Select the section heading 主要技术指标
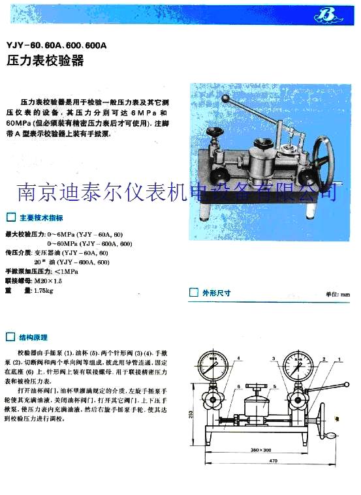tap(41, 217)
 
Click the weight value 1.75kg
tap(43, 290)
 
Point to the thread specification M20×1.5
tap(48, 280)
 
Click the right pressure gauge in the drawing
tap(298, 370)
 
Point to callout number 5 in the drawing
tap(275, 387)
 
